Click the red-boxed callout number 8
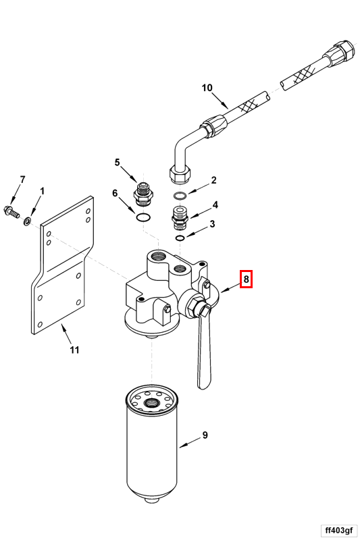tap(246, 279)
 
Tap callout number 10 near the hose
tap(207, 88)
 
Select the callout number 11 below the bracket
tap(75, 350)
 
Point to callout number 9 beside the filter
tap(205, 435)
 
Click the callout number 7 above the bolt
tap(22, 180)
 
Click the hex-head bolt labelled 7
tap(11, 212)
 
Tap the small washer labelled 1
tap(27, 221)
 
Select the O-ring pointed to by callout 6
tap(143, 217)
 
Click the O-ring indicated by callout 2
tap(180, 196)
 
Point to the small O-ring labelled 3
tap(180, 238)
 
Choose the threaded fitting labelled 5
tap(143, 195)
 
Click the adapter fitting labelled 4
tap(180, 218)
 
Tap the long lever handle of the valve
tap(203, 348)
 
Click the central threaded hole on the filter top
tap(151, 402)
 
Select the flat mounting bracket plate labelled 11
tap(62, 265)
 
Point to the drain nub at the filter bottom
tap(152, 500)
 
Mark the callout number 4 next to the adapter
tap(215, 205)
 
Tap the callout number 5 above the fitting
tap(117, 162)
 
